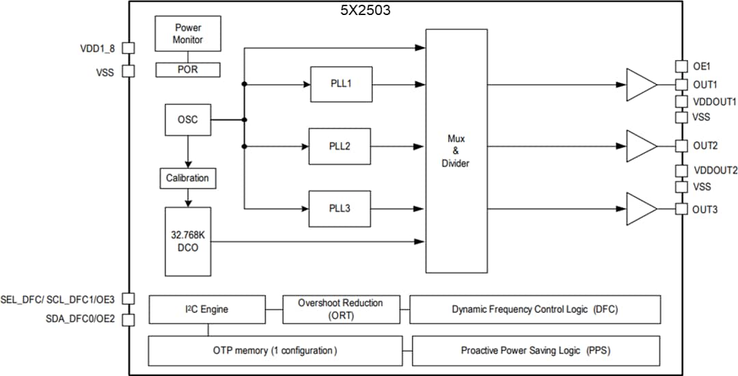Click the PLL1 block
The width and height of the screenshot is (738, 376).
(341, 84)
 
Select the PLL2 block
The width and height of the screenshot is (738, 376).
(340, 146)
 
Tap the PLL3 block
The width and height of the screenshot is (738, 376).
(340, 209)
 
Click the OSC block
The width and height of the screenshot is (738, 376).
(187, 120)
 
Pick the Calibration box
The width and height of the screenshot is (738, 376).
(187, 178)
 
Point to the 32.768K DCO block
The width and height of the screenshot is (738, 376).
(187, 241)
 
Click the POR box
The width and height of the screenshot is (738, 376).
(187, 69)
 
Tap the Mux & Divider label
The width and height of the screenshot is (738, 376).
(456, 151)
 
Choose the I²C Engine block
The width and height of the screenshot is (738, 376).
(207, 309)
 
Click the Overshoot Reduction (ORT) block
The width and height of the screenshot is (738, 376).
(341, 309)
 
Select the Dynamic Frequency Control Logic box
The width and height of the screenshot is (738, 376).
(534, 309)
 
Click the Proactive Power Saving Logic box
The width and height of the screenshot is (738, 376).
(536, 351)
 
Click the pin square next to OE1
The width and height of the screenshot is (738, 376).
(681, 66)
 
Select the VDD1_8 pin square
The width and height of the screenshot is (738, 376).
(128, 49)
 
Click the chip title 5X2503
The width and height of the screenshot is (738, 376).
(366, 11)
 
